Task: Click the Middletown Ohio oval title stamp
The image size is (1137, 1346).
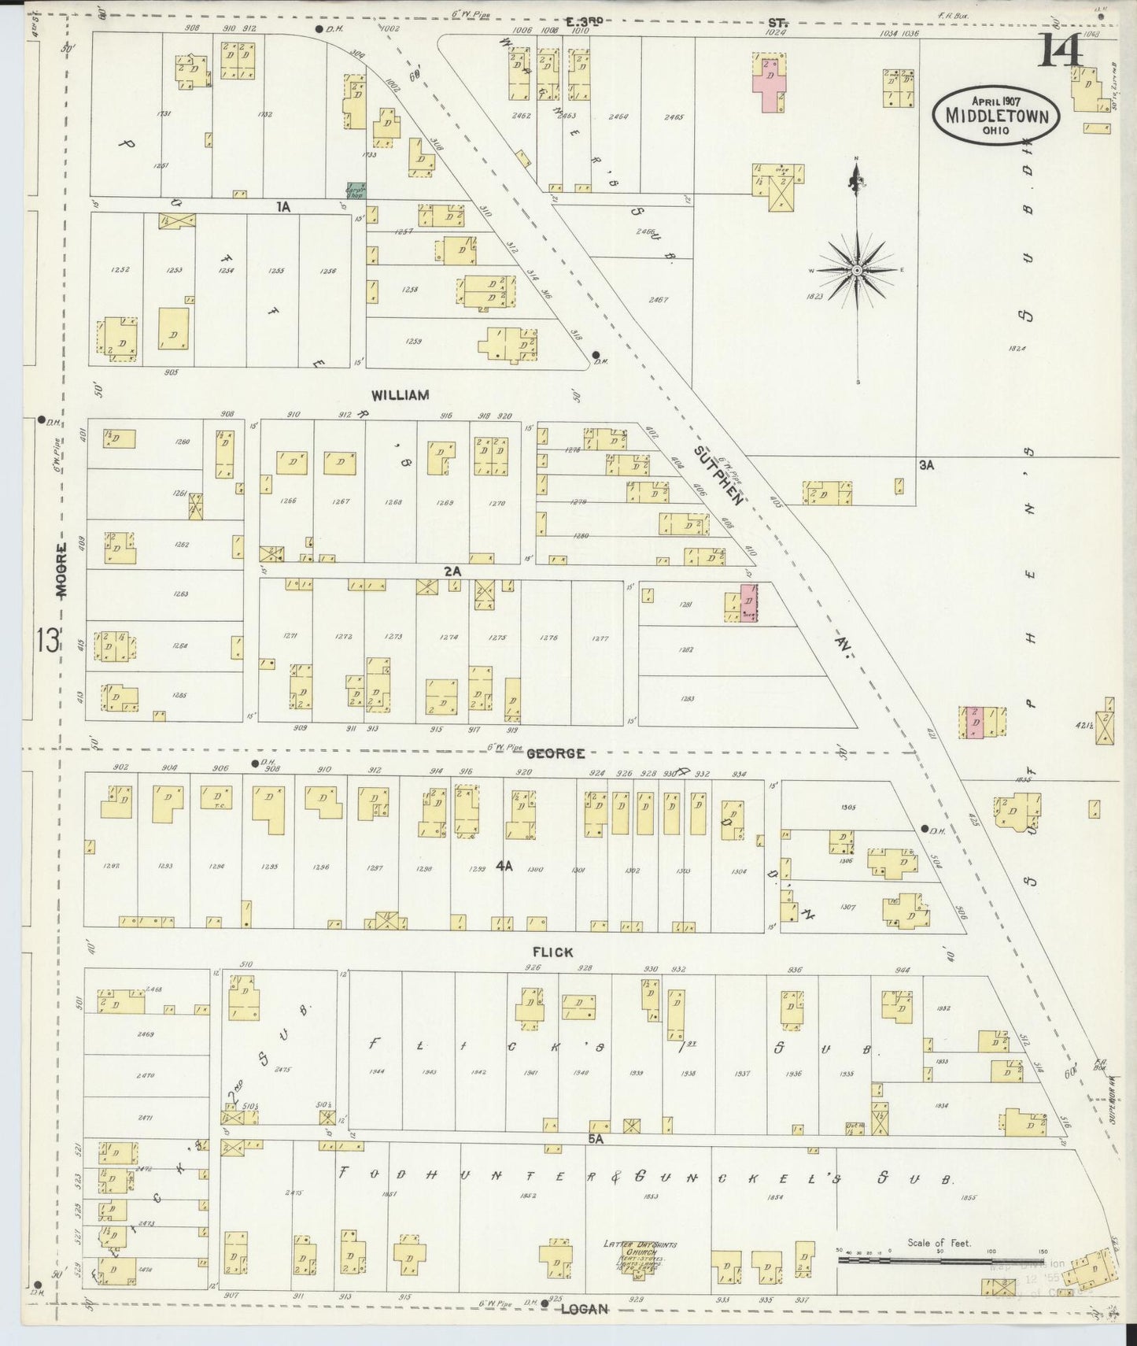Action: pos(996,114)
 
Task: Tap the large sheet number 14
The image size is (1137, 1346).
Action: pos(1061,53)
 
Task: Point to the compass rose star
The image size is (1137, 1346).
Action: pos(857,270)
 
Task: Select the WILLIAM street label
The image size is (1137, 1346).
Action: pos(401,395)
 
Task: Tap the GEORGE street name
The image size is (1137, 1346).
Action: pos(556,753)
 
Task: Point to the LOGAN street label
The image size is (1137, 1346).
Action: pos(585,1310)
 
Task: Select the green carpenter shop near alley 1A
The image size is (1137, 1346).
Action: pos(355,190)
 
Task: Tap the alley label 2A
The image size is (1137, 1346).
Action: pos(452,571)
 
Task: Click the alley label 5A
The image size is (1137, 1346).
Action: pos(594,1138)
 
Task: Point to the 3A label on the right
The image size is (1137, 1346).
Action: pos(926,465)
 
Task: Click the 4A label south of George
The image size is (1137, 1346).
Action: pos(504,866)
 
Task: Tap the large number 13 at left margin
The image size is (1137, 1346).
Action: pos(46,641)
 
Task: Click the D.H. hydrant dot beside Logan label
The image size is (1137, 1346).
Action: pos(544,1303)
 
